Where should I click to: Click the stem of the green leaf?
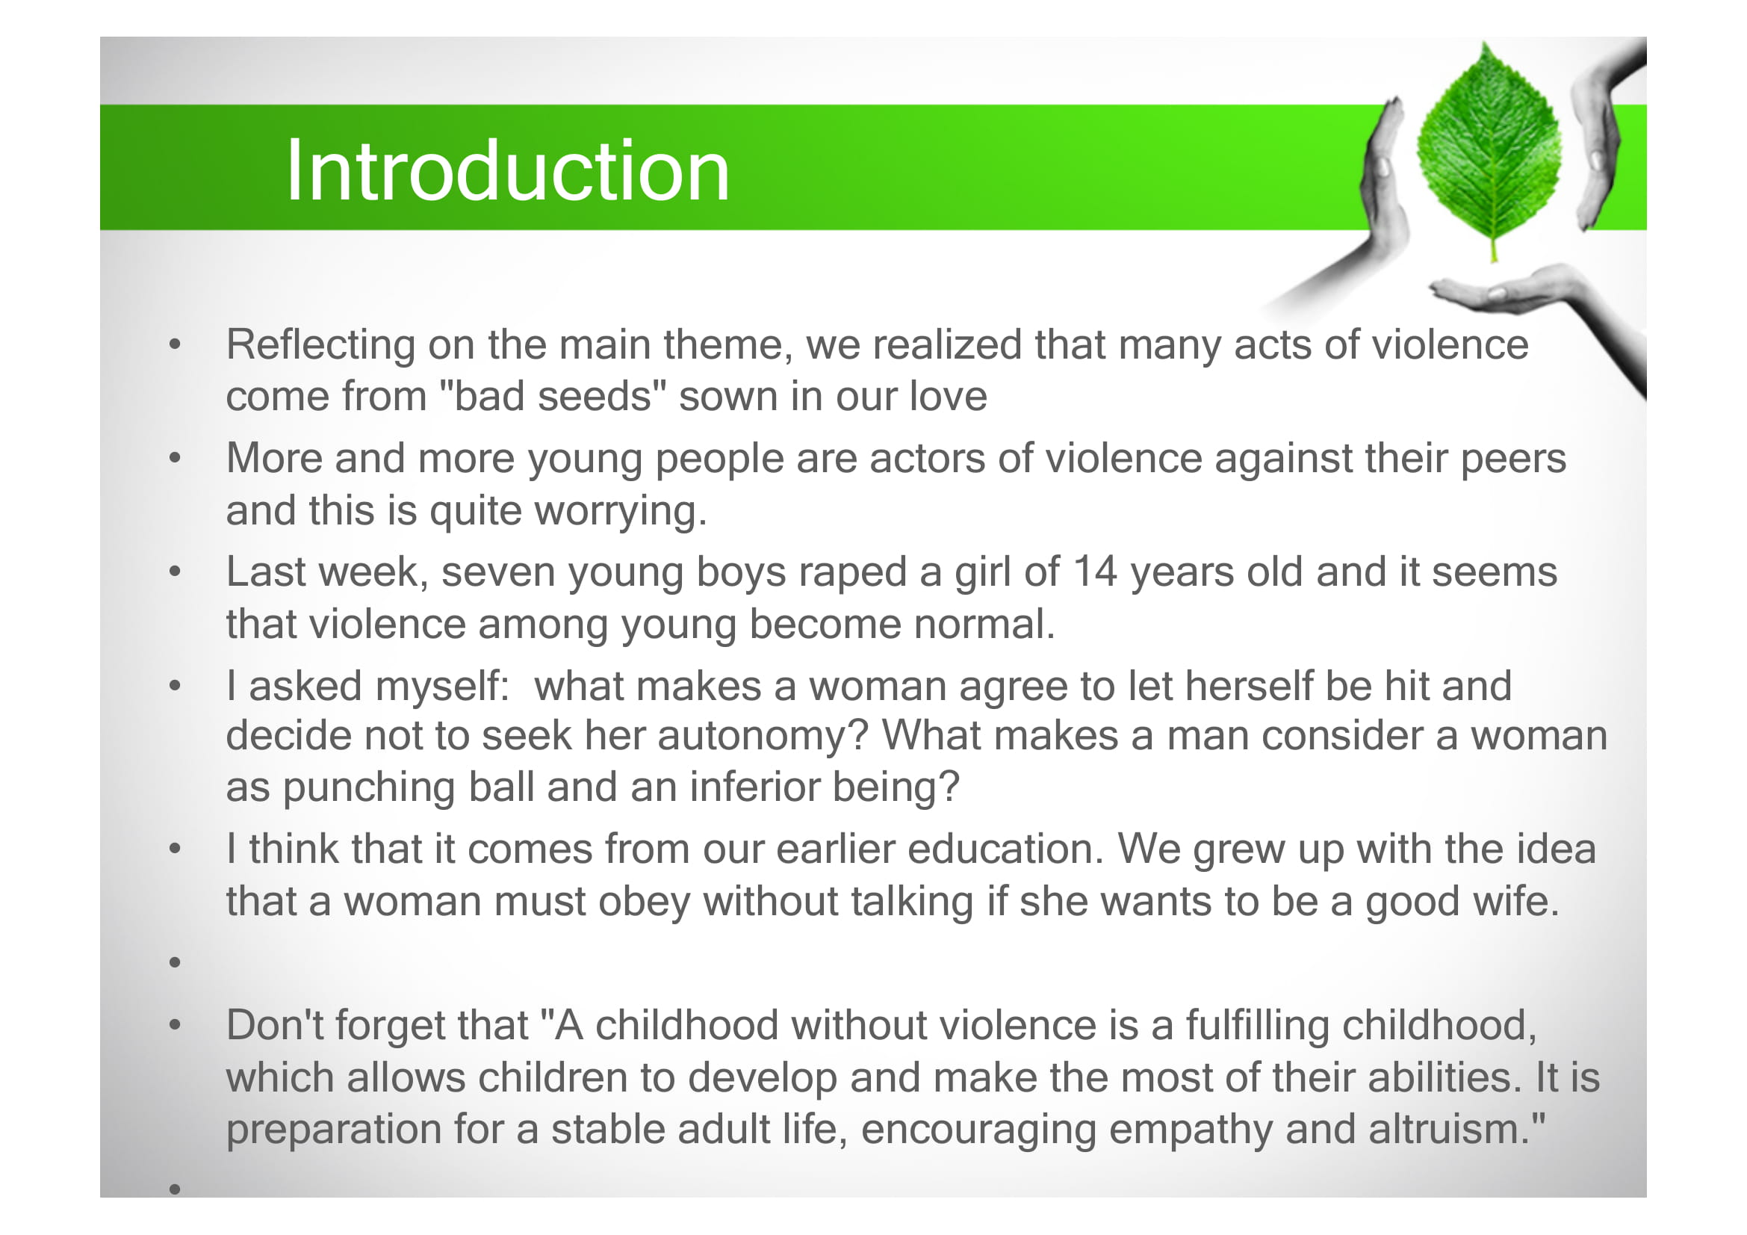point(1494,247)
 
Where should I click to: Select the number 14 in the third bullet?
point(1095,572)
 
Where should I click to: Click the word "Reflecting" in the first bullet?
point(320,345)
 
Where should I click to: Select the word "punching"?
point(369,787)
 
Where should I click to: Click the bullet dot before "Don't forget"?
point(175,1025)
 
